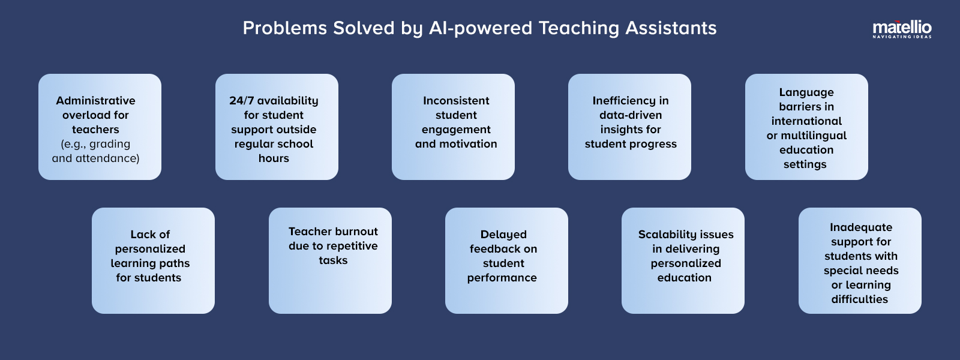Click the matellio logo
[x=902, y=28]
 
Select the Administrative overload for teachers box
[x=100, y=127]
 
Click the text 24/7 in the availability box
[x=241, y=101]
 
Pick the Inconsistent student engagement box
[x=453, y=127]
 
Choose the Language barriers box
[x=806, y=127]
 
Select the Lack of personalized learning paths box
[x=153, y=260]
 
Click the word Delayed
[x=503, y=235]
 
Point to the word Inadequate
[x=860, y=227]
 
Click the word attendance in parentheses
[x=107, y=158]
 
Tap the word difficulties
[x=859, y=299]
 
